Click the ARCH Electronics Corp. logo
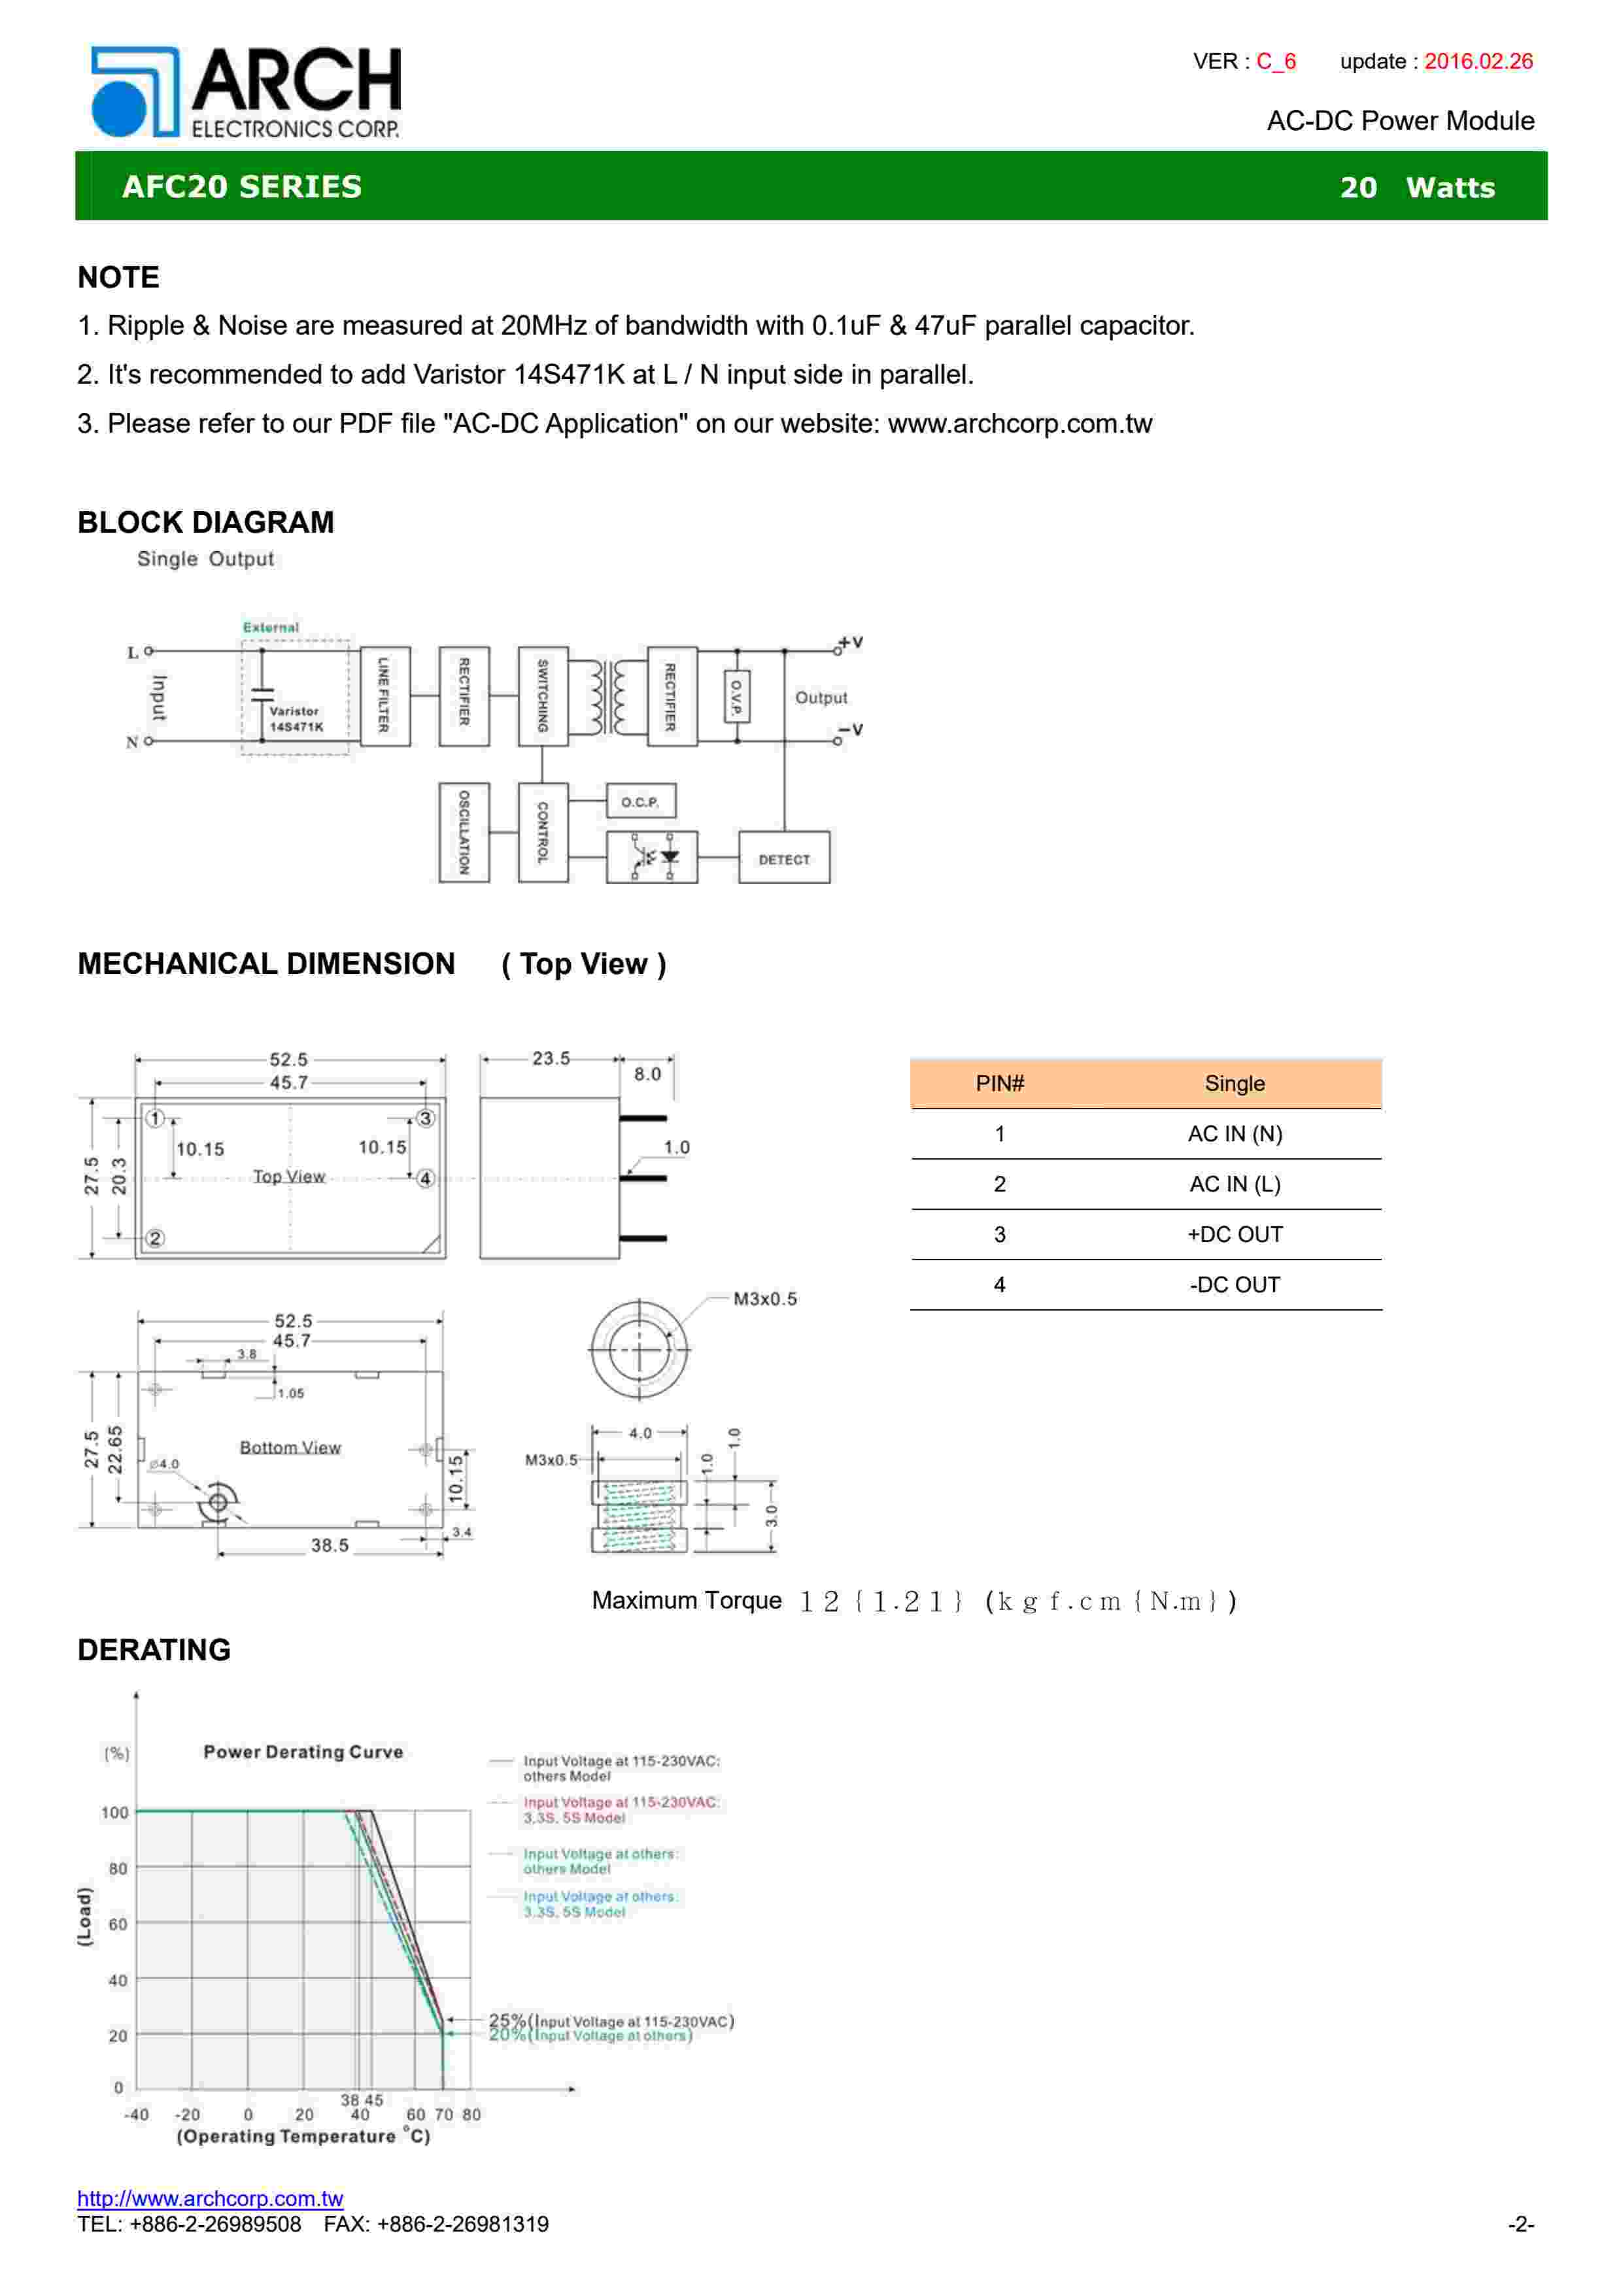(x=246, y=92)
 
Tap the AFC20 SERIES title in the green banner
(x=242, y=187)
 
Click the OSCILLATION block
(x=464, y=832)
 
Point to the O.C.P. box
(x=640, y=801)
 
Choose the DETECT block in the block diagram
(x=784, y=858)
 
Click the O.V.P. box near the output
(x=736, y=696)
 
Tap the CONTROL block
(x=542, y=832)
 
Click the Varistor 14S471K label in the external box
(x=296, y=719)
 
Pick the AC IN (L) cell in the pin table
(x=1235, y=1184)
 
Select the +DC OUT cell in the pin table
(x=1235, y=1234)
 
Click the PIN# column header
(x=1000, y=1084)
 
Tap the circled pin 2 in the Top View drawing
(x=155, y=1239)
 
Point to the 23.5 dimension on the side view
(x=551, y=1058)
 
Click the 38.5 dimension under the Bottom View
(x=330, y=1545)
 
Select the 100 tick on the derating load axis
(x=115, y=1813)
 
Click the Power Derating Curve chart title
(x=303, y=1752)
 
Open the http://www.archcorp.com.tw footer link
(x=210, y=2198)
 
